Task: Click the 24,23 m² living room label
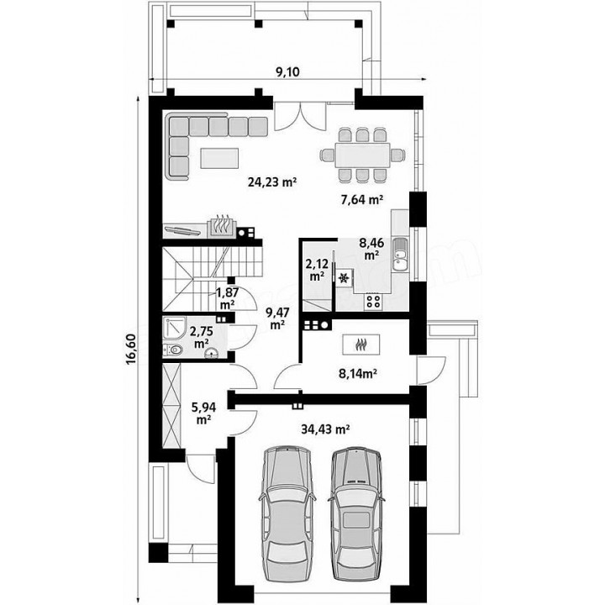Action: (x=272, y=181)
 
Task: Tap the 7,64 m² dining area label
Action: (x=361, y=199)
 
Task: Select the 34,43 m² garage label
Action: (x=325, y=429)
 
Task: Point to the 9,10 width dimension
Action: (x=288, y=71)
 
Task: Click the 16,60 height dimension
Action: (x=131, y=350)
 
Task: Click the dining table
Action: (x=363, y=155)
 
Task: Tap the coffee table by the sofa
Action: (x=219, y=158)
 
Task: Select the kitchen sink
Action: (x=400, y=254)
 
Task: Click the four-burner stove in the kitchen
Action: (x=373, y=301)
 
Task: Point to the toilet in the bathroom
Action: (x=173, y=350)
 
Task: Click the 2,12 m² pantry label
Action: (x=317, y=270)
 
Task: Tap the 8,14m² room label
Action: (x=358, y=373)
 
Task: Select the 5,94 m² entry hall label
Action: (x=203, y=413)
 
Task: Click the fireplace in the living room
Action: (x=221, y=228)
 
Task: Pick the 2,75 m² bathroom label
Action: (x=201, y=337)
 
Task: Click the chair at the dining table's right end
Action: (x=397, y=155)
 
